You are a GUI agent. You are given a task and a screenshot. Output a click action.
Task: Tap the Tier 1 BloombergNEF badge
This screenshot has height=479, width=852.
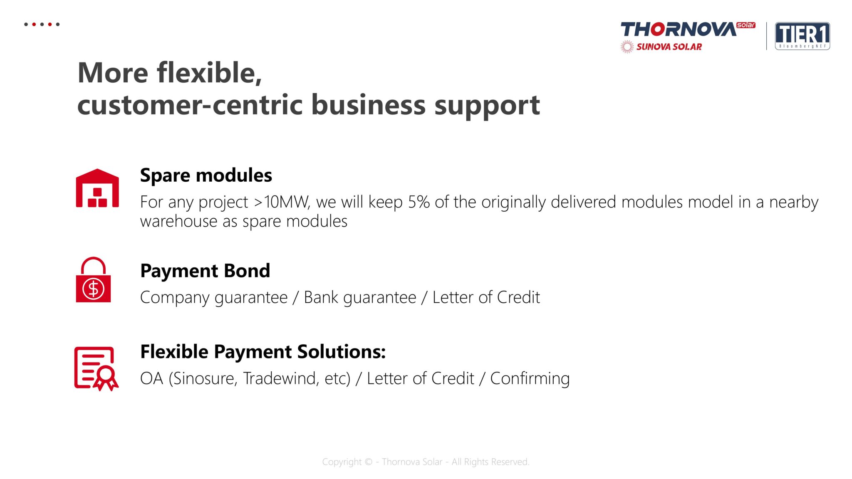[802, 36]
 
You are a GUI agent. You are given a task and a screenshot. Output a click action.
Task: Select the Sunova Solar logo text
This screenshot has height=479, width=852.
[669, 47]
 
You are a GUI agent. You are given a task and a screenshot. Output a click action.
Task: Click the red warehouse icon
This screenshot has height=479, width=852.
[97, 188]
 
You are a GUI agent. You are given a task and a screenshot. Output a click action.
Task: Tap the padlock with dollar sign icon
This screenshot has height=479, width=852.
[93, 279]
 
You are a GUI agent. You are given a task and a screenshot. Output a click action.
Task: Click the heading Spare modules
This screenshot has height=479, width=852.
[206, 175]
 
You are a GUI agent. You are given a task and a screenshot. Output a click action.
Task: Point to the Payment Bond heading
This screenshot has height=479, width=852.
[205, 271]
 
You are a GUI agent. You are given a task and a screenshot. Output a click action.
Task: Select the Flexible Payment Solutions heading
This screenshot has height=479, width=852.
[263, 352]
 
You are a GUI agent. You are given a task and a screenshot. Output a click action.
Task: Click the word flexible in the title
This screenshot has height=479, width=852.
[209, 72]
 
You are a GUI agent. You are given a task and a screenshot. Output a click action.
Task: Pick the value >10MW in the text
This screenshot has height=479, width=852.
[282, 202]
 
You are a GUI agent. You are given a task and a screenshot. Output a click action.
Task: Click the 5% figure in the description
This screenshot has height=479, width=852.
[419, 202]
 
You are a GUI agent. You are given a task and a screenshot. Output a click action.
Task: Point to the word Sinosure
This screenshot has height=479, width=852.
[203, 379]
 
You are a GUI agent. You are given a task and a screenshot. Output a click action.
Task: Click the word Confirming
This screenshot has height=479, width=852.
[530, 379]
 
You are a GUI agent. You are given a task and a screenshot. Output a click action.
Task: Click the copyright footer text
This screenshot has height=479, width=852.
[426, 462]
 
